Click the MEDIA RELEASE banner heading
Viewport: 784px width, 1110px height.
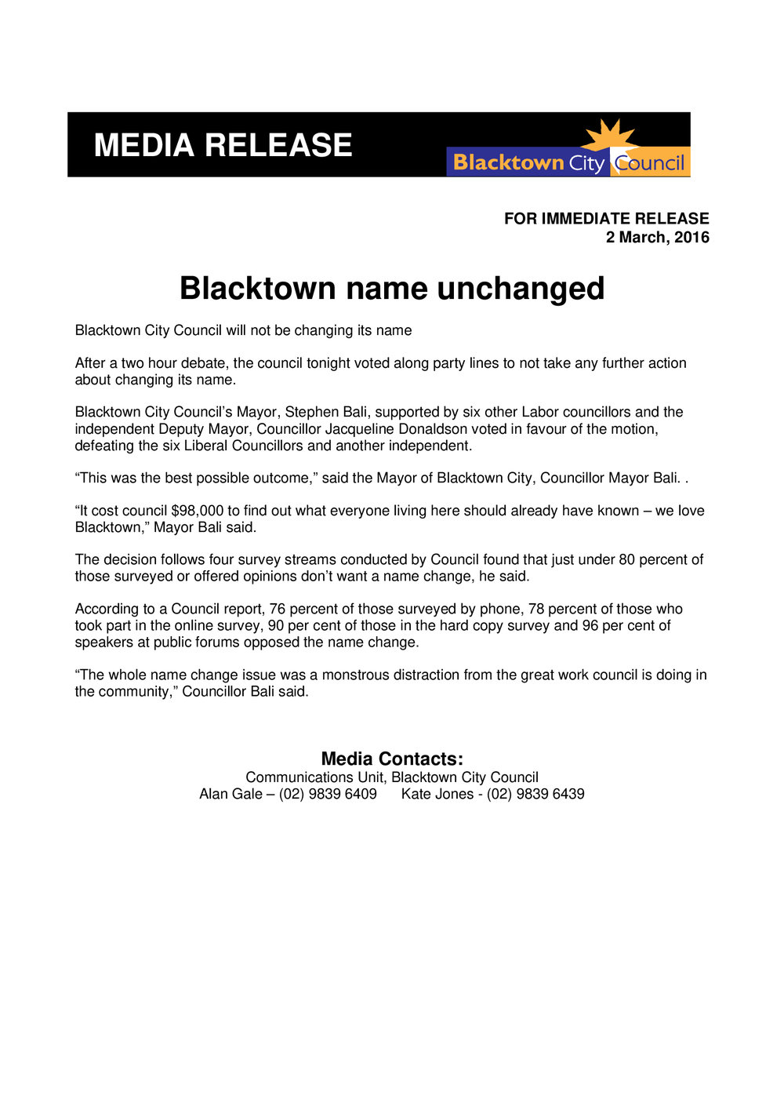click(223, 146)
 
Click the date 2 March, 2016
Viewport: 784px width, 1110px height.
click(657, 237)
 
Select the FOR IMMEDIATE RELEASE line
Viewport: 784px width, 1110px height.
click(606, 219)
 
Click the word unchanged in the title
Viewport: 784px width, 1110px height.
click(521, 289)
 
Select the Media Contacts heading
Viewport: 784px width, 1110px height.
click(392, 759)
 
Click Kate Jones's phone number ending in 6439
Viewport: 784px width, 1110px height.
click(535, 794)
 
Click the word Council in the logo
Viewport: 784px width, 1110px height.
click(650, 163)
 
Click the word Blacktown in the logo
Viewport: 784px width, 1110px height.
click(508, 163)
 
